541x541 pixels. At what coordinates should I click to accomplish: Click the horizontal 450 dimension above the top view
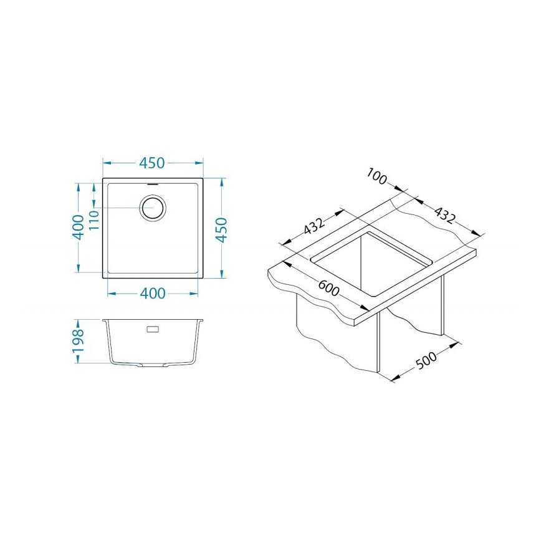point(152,163)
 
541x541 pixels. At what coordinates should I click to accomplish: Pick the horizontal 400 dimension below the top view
point(152,293)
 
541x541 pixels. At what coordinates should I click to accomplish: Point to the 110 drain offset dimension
point(94,219)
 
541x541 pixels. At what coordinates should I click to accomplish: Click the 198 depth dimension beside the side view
point(78,342)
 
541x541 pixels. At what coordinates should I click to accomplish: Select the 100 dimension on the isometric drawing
point(378,176)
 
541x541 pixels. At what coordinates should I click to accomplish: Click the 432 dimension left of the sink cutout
point(314,226)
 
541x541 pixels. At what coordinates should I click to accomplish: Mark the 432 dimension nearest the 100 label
point(444,214)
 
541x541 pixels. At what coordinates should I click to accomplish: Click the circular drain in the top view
point(153,208)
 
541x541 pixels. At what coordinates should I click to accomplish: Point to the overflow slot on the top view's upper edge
point(153,184)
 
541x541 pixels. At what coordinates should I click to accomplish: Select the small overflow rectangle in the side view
point(153,327)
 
